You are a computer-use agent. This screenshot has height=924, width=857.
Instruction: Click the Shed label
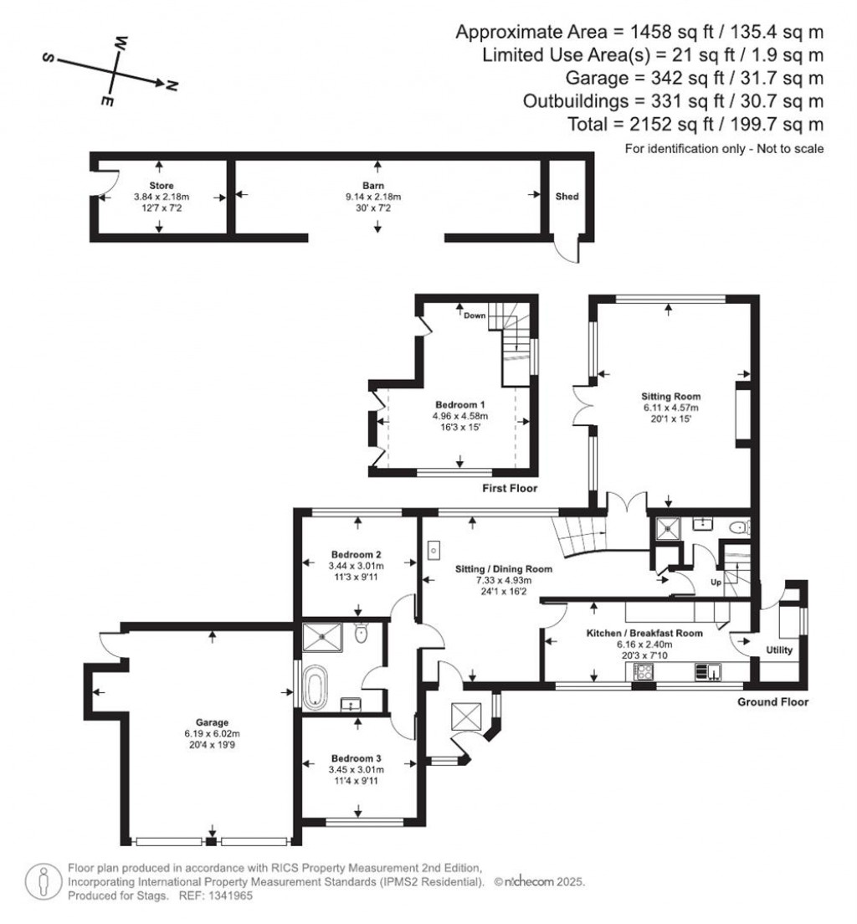(x=567, y=197)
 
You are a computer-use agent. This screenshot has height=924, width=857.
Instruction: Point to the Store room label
(x=162, y=185)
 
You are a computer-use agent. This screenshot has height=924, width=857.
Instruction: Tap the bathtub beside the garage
(x=317, y=687)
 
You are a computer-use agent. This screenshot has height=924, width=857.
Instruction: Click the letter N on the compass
(x=172, y=85)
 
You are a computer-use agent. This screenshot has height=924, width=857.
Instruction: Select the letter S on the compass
(x=49, y=59)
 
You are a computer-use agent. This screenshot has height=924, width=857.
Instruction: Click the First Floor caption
(x=509, y=488)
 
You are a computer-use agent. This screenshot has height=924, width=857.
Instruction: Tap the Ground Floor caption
(x=772, y=702)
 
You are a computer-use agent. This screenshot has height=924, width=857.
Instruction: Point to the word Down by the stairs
(x=475, y=316)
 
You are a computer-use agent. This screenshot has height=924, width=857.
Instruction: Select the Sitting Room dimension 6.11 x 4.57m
(x=670, y=408)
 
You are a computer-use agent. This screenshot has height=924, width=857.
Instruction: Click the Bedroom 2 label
(x=357, y=555)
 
